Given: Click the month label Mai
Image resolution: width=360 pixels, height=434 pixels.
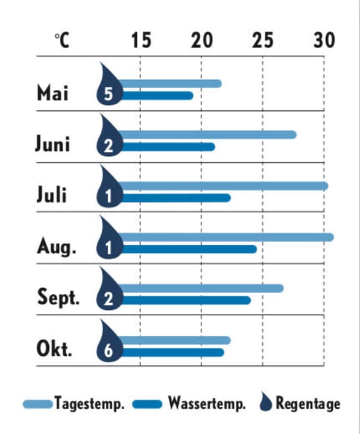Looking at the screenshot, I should click(x=53, y=93).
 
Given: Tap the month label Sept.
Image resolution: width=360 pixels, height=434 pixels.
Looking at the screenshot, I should click(x=58, y=298).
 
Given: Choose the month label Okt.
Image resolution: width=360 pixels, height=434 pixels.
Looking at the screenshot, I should click(x=54, y=349).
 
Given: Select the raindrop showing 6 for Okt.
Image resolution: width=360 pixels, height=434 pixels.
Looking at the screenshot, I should click(x=109, y=344).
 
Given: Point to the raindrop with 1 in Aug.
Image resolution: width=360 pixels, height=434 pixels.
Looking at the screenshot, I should click(x=109, y=241).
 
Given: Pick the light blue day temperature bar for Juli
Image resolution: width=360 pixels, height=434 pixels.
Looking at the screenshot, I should click(x=223, y=186).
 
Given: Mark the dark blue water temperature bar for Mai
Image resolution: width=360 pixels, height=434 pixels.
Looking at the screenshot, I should click(x=157, y=95).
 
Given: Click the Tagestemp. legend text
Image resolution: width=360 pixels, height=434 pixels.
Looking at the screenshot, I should click(x=89, y=404).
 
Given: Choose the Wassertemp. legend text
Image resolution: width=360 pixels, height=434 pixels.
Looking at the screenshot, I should click(x=207, y=404).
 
